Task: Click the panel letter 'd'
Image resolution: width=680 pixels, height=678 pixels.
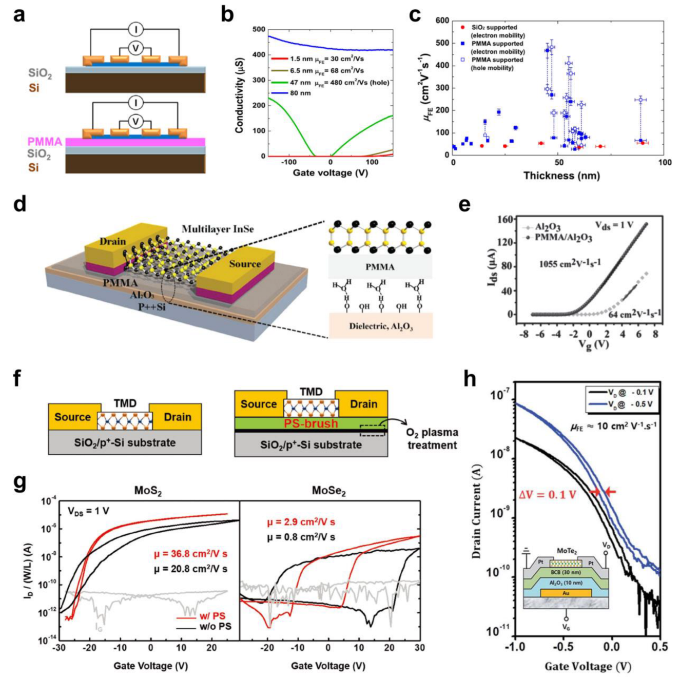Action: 20,204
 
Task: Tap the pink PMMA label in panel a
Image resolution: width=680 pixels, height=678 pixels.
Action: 45,142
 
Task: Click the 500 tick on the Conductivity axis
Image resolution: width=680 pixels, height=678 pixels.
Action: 259,29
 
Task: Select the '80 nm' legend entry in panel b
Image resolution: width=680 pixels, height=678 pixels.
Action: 301,93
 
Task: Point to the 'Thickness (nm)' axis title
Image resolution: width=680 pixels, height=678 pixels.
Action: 561,176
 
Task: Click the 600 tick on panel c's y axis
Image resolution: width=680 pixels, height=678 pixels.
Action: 442,21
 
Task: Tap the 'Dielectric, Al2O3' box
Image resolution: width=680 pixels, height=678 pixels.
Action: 381,326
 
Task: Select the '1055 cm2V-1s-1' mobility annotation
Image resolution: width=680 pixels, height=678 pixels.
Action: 570,263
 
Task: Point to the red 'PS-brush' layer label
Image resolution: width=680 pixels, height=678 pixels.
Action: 311,423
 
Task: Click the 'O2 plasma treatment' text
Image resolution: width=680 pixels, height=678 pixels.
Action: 432,439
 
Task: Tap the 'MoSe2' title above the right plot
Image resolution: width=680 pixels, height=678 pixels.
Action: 328,491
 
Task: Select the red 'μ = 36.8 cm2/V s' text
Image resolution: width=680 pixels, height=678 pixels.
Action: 190,554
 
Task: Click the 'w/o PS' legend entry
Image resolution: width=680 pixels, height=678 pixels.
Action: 215,627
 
